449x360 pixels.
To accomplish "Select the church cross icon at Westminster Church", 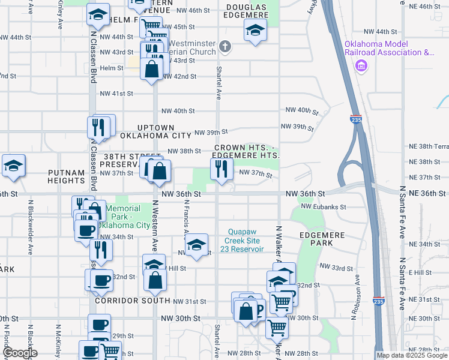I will pyautogui.click(x=225, y=47).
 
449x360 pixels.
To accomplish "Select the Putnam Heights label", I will pyautogui.click(x=67, y=176).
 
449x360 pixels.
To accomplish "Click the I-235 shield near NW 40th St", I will pyautogui.click(x=356, y=120).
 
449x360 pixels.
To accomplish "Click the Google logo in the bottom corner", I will pyautogui.click(x=20, y=352).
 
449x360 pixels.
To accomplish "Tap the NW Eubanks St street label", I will pyautogui.click(x=324, y=206).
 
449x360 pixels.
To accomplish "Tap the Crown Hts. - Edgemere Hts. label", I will pyautogui.click(x=247, y=151).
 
